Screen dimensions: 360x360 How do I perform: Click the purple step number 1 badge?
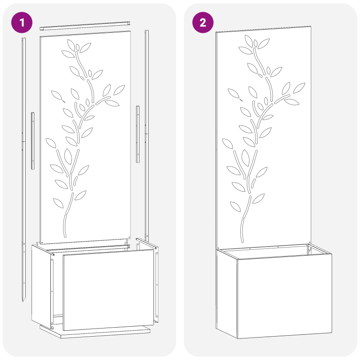[x=22, y=23]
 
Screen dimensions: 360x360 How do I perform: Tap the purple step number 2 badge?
[x=203, y=23]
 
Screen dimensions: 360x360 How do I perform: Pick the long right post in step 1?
[x=146, y=135]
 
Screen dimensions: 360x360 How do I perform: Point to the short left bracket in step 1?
[x=32, y=140]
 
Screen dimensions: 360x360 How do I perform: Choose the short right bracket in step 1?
[x=138, y=134]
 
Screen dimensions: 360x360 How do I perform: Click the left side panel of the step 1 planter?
[x=41, y=283]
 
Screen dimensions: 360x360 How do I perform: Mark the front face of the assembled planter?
[x=284, y=297]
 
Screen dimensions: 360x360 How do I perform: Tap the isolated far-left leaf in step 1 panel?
[x=57, y=95]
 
